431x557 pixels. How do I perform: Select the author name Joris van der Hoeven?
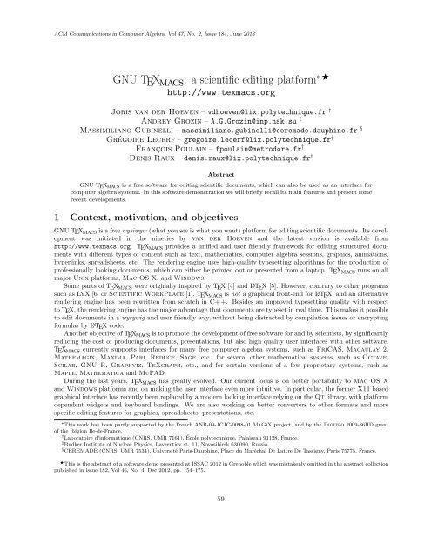coord(136,89)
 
